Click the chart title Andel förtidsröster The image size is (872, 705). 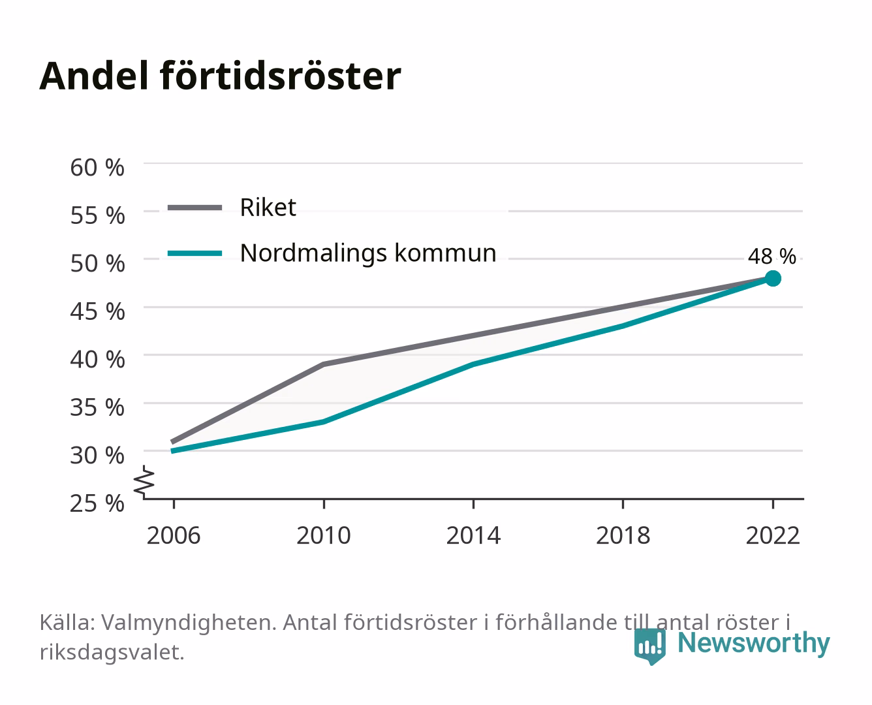pos(220,76)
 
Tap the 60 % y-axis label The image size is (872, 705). pos(97,168)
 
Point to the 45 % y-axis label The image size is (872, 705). pos(97,311)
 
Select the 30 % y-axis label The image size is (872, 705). pos(97,455)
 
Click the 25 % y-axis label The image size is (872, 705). pos(97,503)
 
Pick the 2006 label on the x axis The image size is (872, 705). pos(174,535)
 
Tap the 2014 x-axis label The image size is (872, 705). pos(473,535)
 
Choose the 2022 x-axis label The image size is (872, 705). pos(773,535)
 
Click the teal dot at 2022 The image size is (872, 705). pos(773,279)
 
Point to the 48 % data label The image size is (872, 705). pos(772,257)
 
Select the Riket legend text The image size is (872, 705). pos(268,207)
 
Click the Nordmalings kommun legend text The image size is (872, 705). pos(368,253)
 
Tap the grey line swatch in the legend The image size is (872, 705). pos(195,208)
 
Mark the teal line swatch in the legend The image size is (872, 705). pos(195,253)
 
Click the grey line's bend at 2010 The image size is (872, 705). pos(324,364)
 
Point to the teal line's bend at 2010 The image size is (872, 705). pos(324,422)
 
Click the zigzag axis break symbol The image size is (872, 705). pos(144,482)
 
